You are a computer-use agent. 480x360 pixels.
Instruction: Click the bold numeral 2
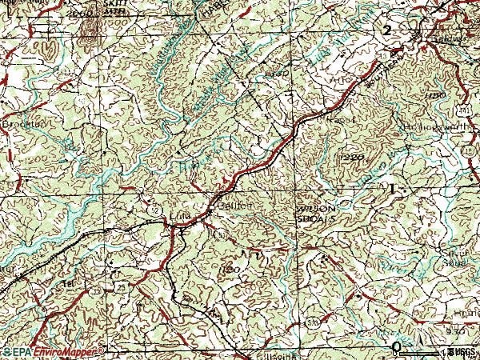click(x=388, y=30)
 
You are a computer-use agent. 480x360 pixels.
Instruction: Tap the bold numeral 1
click(x=393, y=187)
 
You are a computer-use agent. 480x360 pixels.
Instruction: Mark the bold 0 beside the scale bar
click(x=397, y=346)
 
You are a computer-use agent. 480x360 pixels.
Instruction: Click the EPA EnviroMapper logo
click(x=54, y=350)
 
